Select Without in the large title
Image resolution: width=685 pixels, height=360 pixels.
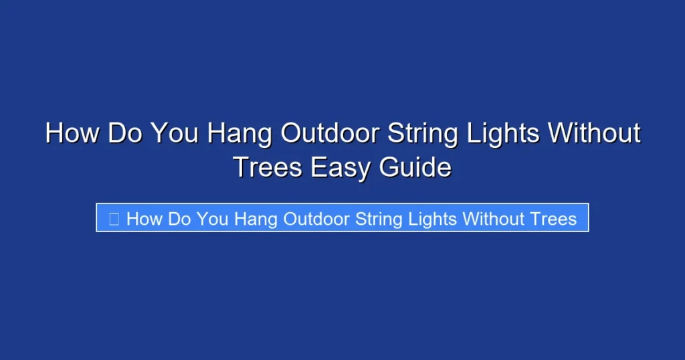(x=594, y=133)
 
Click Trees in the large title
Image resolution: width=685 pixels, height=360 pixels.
(x=268, y=167)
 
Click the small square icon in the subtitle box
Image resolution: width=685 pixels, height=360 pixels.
(x=114, y=218)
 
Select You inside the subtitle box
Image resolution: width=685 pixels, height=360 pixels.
(x=213, y=218)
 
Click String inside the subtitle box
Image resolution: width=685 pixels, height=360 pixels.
(x=379, y=219)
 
